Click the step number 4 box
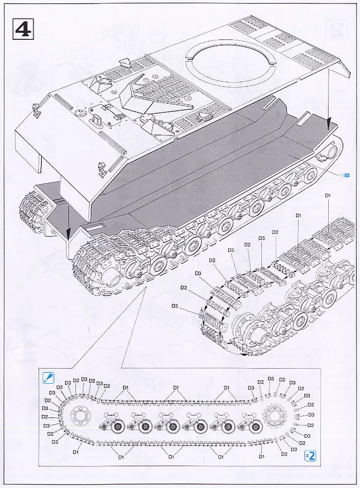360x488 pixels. [22, 28]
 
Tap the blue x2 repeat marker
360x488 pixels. [312, 456]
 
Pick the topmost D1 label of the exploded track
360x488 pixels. [328, 195]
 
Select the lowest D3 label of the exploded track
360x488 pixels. [175, 306]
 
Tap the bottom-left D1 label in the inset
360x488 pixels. [76, 452]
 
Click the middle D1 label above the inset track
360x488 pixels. [176, 387]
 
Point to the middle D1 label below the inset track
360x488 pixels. [171, 457]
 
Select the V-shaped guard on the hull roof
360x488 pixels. [151, 101]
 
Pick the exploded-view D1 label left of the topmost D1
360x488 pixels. [299, 215]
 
